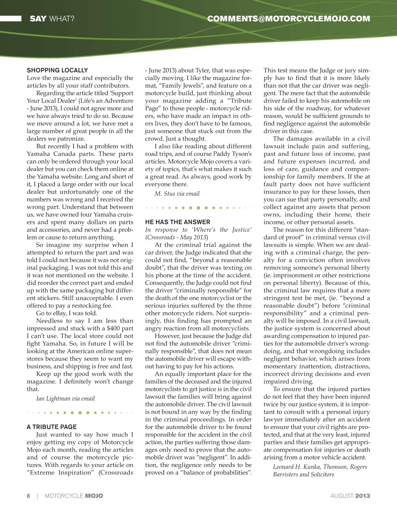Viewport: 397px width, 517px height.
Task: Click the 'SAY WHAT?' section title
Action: (52, 19)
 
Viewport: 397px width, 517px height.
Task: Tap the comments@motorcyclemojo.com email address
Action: (288, 19)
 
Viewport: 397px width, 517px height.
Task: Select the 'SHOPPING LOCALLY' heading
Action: (57, 70)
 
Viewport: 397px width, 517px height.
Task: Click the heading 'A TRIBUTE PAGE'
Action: (52, 427)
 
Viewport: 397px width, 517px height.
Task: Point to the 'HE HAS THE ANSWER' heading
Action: (177, 222)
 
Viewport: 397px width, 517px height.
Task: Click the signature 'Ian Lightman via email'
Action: (65, 399)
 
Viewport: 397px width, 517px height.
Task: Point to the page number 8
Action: (28, 496)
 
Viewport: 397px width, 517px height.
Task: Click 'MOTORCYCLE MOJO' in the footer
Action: (74, 496)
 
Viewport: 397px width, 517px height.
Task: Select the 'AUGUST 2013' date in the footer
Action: (350, 496)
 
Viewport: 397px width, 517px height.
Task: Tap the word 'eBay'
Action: (54, 313)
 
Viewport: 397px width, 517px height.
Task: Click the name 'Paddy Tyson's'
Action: (233, 154)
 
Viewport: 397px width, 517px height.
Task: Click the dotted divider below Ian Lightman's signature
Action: (80, 413)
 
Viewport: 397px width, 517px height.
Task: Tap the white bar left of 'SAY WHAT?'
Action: (10, 19)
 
